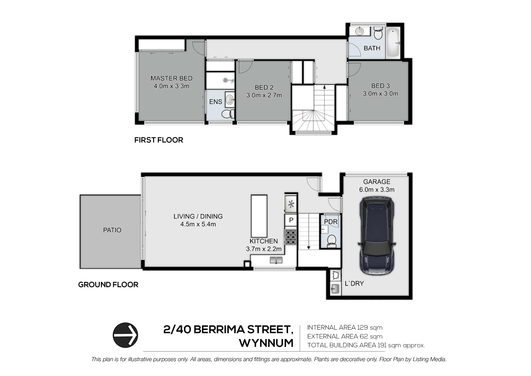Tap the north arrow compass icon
click(125, 335)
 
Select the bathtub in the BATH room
click(393, 43)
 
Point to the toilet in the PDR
click(331, 240)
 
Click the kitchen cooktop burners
click(291, 237)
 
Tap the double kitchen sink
click(276, 260)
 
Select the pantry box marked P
click(291, 220)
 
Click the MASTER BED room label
click(172, 78)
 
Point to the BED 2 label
click(264, 87)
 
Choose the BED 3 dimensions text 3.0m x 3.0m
click(380, 94)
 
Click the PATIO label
click(112, 230)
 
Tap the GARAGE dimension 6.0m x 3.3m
click(377, 190)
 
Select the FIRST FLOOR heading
click(159, 140)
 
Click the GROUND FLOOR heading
click(108, 285)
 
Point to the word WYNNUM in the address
click(266, 343)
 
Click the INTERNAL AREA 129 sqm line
click(345, 328)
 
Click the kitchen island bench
click(259, 216)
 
